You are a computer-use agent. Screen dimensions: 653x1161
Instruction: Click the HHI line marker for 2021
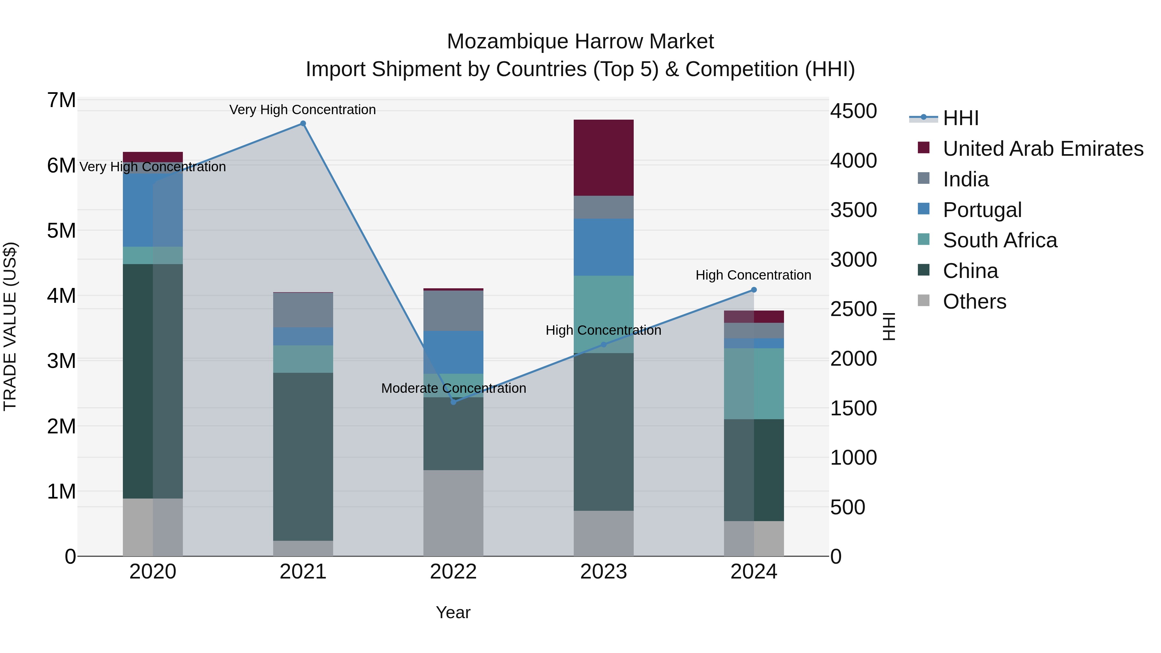pyautogui.click(x=303, y=124)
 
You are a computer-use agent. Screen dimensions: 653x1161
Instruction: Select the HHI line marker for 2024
pyautogui.click(x=754, y=290)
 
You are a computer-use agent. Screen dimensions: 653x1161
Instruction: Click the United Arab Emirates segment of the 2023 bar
pyautogui.click(x=603, y=158)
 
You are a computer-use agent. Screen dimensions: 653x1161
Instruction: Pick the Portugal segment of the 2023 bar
pyautogui.click(x=603, y=247)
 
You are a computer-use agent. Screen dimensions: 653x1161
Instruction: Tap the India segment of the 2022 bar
pyautogui.click(x=453, y=311)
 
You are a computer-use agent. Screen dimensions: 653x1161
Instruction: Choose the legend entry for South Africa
pyautogui.click(x=1000, y=240)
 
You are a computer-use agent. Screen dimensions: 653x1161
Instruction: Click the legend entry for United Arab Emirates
pyautogui.click(x=1042, y=149)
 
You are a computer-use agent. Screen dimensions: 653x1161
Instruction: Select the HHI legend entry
pyautogui.click(x=960, y=118)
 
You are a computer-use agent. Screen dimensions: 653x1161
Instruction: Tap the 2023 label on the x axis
pyautogui.click(x=603, y=572)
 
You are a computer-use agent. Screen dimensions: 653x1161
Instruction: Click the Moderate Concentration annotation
pyautogui.click(x=453, y=388)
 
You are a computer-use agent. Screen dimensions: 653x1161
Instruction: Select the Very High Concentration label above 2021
pyautogui.click(x=303, y=110)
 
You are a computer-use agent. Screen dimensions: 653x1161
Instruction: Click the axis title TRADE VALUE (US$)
pyautogui.click(x=10, y=326)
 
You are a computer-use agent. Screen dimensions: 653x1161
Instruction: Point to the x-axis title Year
pyautogui.click(x=453, y=612)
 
